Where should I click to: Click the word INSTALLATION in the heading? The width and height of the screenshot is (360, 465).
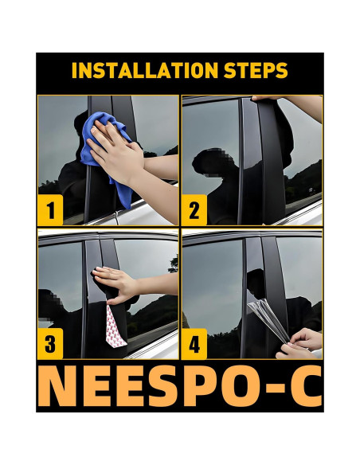(x=145, y=70)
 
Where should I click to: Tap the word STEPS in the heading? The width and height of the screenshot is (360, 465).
(x=256, y=70)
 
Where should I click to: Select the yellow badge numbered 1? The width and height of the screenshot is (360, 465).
(x=50, y=210)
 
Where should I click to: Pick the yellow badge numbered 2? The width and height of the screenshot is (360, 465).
(x=194, y=210)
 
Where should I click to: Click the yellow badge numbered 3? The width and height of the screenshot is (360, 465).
(x=50, y=343)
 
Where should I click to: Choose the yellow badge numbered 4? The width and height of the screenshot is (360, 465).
(x=194, y=344)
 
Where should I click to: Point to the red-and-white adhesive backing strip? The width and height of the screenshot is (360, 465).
(x=115, y=326)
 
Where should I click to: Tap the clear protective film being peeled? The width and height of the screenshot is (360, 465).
(x=268, y=319)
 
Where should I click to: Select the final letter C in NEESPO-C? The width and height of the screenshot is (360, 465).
(x=306, y=386)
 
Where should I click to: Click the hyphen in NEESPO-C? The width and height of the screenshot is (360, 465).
(x=274, y=389)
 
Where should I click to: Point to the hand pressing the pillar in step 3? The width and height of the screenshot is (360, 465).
(x=119, y=285)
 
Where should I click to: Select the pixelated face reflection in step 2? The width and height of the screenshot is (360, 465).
(x=208, y=162)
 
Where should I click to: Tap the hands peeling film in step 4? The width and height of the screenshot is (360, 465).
(x=299, y=344)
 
